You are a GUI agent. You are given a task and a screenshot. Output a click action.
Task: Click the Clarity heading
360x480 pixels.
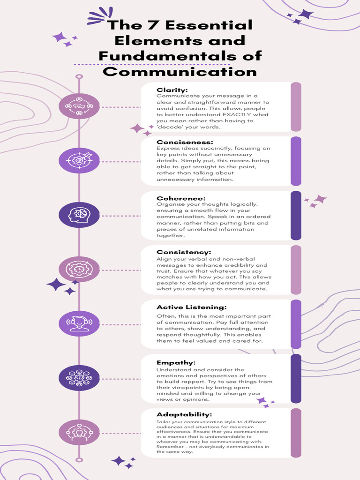[x=172, y=90]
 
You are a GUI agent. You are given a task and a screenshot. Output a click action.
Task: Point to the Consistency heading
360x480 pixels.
[x=184, y=252]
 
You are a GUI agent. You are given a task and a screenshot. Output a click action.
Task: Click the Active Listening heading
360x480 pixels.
[x=191, y=307]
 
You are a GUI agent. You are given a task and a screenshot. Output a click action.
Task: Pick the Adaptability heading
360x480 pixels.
[x=184, y=414]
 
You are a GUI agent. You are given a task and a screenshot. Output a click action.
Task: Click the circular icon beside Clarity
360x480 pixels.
[x=79, y=106]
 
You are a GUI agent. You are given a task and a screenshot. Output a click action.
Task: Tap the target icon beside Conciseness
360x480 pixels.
[x=79, y=161]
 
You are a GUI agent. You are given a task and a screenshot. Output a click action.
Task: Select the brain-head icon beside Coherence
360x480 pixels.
[x=79, y=215]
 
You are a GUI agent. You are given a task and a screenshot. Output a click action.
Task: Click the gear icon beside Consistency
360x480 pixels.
[x=79, y=270]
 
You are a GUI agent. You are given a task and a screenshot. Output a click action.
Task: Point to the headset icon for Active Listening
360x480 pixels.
[x=79, y=323]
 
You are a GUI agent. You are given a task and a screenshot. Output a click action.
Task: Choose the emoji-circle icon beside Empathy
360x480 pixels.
[x=79, y=378]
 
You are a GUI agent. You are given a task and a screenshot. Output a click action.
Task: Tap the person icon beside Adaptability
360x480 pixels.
[x=79, y=432]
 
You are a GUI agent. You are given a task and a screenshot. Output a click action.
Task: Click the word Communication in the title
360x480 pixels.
[x=180, y=72]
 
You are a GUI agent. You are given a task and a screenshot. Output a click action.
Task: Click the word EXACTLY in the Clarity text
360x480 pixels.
[x=239, y=115]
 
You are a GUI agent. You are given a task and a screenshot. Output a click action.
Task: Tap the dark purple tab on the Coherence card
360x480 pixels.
[x=296, y=216]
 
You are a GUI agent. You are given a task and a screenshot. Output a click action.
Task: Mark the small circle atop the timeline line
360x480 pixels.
[x=79, y=76]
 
